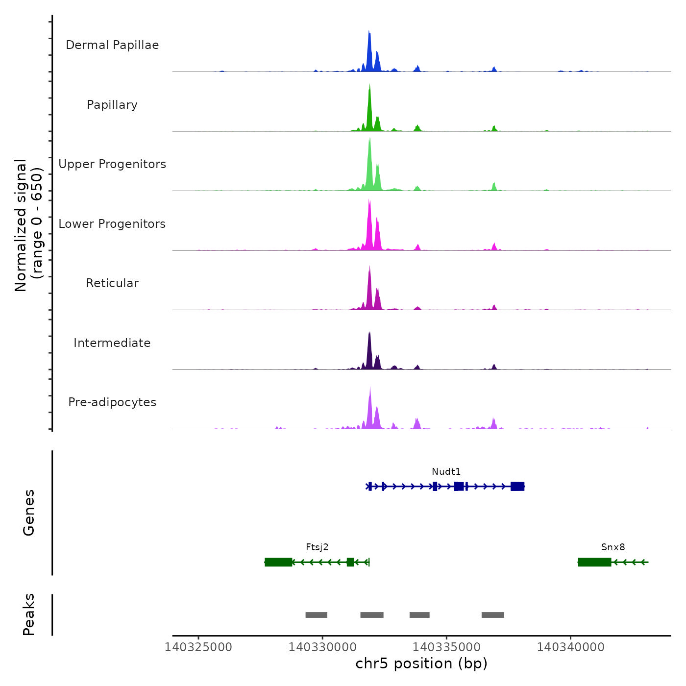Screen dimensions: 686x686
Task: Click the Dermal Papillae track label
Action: pyautogui.click(x=112, y=45)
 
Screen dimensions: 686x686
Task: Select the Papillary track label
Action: pyautogui.click(x=112, y=105)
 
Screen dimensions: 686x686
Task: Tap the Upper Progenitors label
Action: pyautogui.click(x=112, y=164)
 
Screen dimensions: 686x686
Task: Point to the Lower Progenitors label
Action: pyautogui.click(x=112, y=224)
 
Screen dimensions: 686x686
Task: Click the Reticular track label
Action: pyautogui.click(x=112, y=283)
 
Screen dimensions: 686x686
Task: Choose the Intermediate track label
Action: pyautogui.click(x=112, y=343)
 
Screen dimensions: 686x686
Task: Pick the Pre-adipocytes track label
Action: pyautogui.click(x=112, y=402)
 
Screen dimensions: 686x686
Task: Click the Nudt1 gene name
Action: pyautogui.click(x=446, y=472)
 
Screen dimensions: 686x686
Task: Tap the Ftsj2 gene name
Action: pyautogui.click(x=317, y=547)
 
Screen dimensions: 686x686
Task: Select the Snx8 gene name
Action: pyautogui.click(x=613, y=547)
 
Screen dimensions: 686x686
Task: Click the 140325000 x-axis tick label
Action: pyautogui.click(x=198, y=647)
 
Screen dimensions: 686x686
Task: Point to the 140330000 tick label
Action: pyautogui.click(x=322, y=647)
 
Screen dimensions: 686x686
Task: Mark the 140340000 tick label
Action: pyautogui.click(x=570, y=647)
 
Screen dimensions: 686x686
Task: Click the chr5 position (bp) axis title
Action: pyautogui.click(x=421, y=664)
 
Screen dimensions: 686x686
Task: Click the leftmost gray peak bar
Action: pyautogui.click(x=316, y=615)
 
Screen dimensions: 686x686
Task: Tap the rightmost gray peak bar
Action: pyautogui.click(x=492, y=615)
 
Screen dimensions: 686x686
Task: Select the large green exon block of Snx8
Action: pyautogui.click(x=594, y=562)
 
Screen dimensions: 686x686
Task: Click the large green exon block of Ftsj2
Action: pyautogui.click(x=278, y=562)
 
